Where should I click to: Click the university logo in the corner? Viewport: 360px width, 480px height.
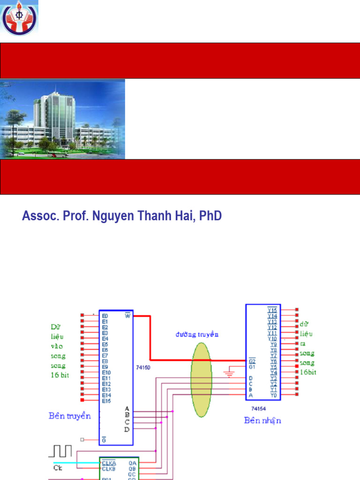[20, 17]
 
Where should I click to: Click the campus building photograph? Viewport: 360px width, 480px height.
[62, 119]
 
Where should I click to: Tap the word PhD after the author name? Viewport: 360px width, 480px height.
[210, 216]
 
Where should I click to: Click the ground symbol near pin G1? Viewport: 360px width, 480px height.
[229, 373]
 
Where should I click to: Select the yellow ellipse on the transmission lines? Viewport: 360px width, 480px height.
[202, 379]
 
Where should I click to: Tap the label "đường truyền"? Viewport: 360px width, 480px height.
[197, 334]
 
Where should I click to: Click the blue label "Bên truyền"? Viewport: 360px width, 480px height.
[69, 416]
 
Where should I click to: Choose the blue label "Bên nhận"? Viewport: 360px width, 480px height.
[262, 420]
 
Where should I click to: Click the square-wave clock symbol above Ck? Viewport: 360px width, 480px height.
[60, 451]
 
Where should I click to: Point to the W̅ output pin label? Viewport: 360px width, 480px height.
[127, 315]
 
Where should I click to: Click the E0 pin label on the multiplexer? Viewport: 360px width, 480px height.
[105, 316]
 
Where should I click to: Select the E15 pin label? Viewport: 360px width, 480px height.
[106, 400]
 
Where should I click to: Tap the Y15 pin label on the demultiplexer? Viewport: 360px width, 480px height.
[272, 310]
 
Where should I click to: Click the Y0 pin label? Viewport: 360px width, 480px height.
[273, 395]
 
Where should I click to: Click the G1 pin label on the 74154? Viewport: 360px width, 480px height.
[252, 367]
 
